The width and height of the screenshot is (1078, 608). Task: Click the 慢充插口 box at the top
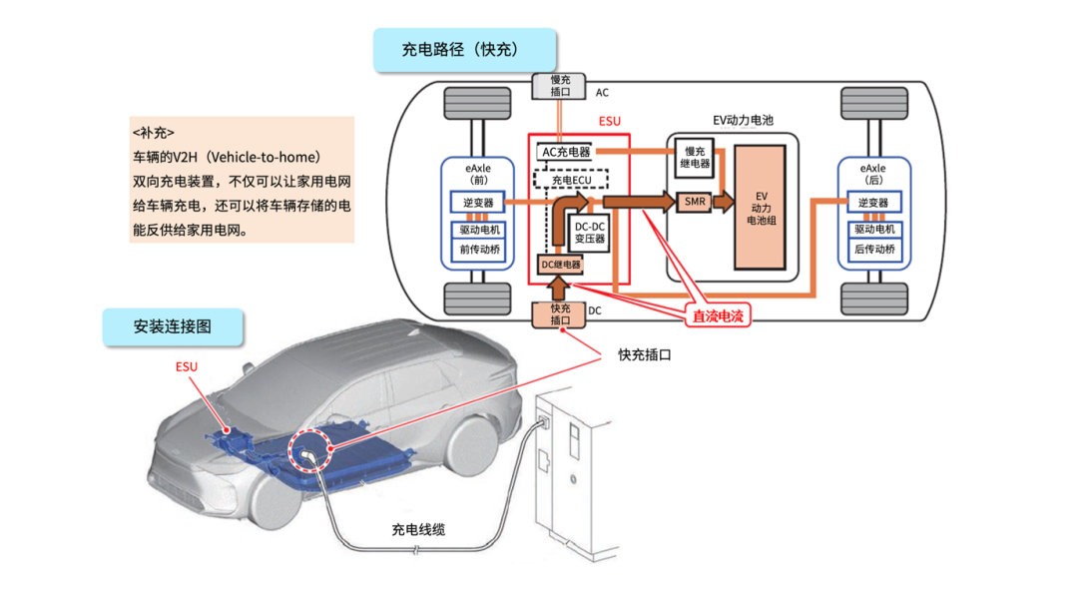(x=559, y=86)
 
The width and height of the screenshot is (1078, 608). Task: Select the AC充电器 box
(x=566, y=152)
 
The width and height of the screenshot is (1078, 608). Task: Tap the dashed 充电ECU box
(x=571, y=180)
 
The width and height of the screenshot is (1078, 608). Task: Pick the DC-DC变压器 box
(x=590, y=233)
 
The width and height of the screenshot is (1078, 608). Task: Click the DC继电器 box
(x=560, y=265)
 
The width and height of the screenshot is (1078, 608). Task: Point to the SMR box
(x=695, y=202)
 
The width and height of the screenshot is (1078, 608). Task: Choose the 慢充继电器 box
(x=695, y=158)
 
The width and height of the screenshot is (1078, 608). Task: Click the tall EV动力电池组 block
(x=760, y=207)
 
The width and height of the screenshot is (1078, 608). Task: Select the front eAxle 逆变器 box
(x=478, y=203)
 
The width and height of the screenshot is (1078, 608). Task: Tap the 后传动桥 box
(x=874, y=249)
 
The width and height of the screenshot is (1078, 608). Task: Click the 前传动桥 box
(x=479, y=249)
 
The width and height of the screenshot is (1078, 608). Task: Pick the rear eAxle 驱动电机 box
(x=874, y=229)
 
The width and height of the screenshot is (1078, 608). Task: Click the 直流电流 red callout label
(x=717, y=315)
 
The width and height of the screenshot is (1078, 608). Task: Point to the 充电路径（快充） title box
(x=465, y=50)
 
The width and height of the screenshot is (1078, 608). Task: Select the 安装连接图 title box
(x=173, y=326)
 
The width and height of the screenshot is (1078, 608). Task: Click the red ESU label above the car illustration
(x=187, y=367)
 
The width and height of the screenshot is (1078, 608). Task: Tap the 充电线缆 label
(x=418, y=529)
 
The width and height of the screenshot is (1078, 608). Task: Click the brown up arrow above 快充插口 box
(x=559, y=289)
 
